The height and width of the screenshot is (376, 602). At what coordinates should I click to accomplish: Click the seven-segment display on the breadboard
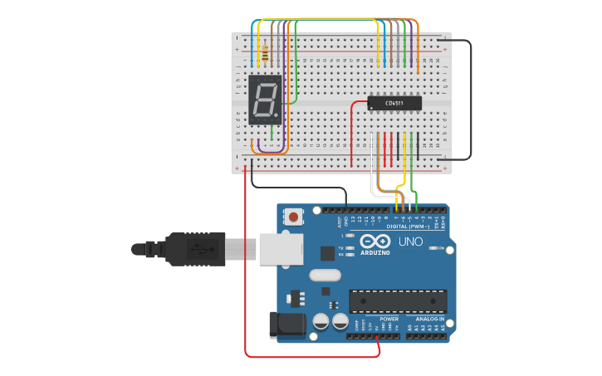[x=265, y=100]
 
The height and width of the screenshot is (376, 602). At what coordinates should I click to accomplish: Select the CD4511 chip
[x=394, y=103]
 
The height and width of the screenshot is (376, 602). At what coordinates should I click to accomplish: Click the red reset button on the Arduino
[x=293, y=217]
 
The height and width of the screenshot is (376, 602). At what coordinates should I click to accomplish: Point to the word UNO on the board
[x=410, y=242]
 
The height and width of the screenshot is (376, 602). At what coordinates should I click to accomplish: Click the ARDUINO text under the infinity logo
[x=375, y=252]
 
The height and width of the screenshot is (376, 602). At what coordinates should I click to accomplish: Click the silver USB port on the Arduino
[x=280, y=248]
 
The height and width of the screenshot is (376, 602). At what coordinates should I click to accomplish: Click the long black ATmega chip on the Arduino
[x=398, y=301]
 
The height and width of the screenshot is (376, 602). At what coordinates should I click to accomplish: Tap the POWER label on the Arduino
[x=389, y=319]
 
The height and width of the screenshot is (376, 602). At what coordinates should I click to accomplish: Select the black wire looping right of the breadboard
[x=470, y=100]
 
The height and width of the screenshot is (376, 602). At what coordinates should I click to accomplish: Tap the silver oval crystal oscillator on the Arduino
[x=325, y=275]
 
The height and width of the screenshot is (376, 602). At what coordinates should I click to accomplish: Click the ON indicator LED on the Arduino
[x=432, y=248]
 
